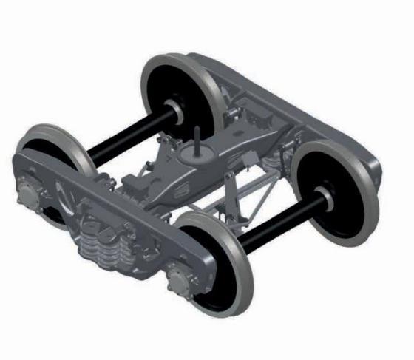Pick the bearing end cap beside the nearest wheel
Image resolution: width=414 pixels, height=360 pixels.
(x=180, y=279)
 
